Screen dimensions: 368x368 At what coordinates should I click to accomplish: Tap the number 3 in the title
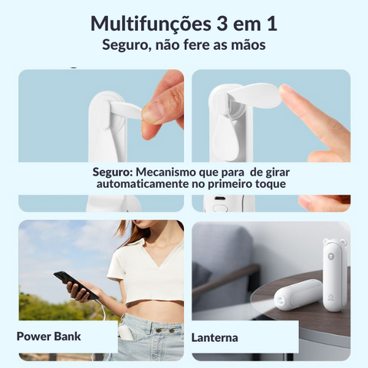[x=219, y=24]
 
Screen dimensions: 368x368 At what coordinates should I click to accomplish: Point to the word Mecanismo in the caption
[x=166, y=172]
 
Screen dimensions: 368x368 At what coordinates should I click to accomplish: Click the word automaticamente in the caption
[x=143, y=183]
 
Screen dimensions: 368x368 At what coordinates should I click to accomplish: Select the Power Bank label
[x=48, y=337]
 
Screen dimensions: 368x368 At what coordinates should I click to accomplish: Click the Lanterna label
[x=215, y=338]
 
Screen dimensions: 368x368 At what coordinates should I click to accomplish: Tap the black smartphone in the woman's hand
[x=76, y=286]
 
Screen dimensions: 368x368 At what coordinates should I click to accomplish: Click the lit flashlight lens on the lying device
[x=281, y=300]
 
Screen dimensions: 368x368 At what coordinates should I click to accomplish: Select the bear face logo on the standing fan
[x=331, y=257]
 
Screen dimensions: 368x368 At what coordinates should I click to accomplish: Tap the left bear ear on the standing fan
[x=326, y=241]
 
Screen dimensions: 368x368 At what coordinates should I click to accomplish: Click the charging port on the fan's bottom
[x=219, y=199]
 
